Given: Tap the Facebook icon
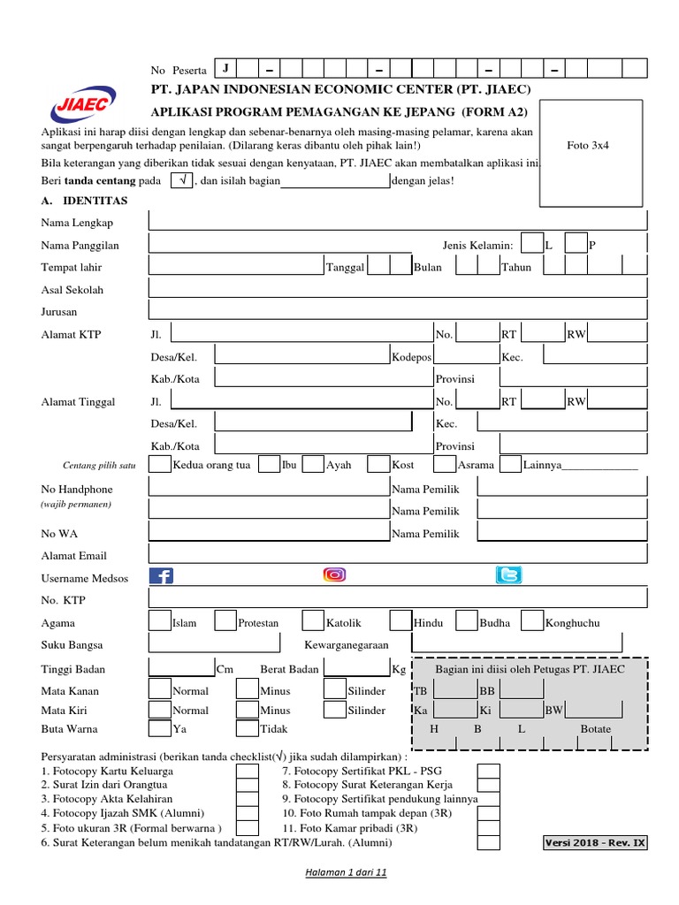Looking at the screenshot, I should coord(161,576).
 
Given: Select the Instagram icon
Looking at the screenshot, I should coord(335,575).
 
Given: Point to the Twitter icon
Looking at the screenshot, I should coord(508,576).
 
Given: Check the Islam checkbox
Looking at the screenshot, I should coord(160,621).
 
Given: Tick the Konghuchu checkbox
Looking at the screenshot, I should coord(532,621).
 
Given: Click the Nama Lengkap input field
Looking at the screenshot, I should coord(398,221).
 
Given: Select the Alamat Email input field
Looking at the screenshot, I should coord(398,555).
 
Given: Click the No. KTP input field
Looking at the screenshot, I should coord(398,599).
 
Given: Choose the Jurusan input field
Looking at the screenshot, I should coord(398,310).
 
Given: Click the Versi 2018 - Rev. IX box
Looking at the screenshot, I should coord(595,842).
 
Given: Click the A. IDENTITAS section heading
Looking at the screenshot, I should coord(84,201).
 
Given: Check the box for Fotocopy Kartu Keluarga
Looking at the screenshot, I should coord(248,772).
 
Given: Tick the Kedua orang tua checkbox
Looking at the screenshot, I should coord(160,464).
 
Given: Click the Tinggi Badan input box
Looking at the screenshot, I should coord(181,668).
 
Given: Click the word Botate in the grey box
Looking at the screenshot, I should coord(595,729).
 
